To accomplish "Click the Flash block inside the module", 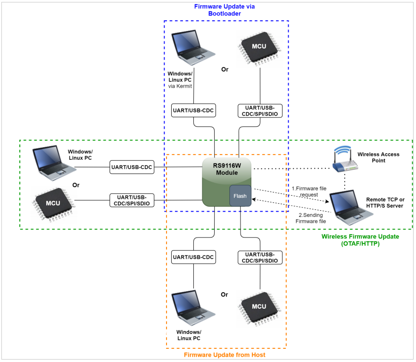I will tap(240, 196).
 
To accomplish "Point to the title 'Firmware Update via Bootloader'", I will tap(225, 10).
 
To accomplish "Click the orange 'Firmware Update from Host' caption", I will tap(225, 354).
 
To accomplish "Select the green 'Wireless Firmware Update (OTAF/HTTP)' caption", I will tap(360, 240).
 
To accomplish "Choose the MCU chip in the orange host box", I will tap(259, 306).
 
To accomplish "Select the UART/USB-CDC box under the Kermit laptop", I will tap(193, 111).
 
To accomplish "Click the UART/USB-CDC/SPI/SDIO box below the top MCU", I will tap(260, 111).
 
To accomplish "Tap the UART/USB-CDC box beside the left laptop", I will tap(132, 167).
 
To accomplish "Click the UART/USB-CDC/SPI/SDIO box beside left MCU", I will tap(132, 200).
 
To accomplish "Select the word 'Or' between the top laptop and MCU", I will tap(225, 70).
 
